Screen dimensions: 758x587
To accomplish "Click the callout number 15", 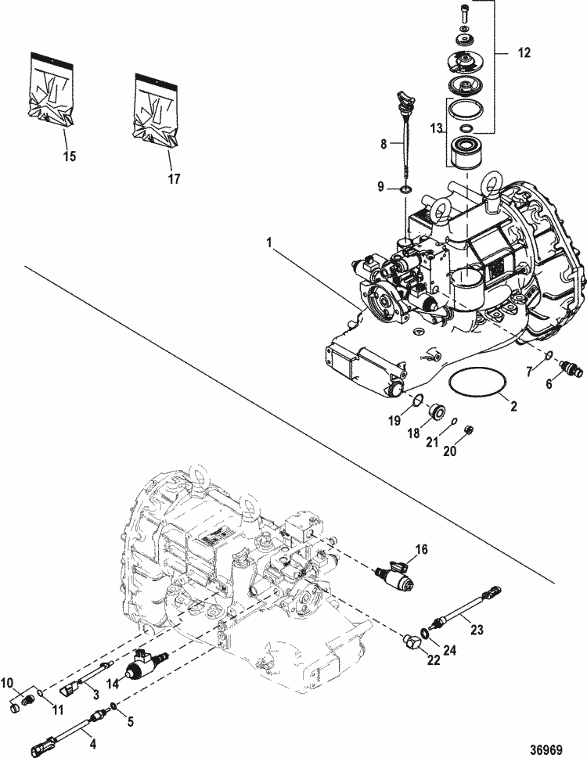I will (x=70, y=156).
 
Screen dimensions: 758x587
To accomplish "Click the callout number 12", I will (x=524, y=53).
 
